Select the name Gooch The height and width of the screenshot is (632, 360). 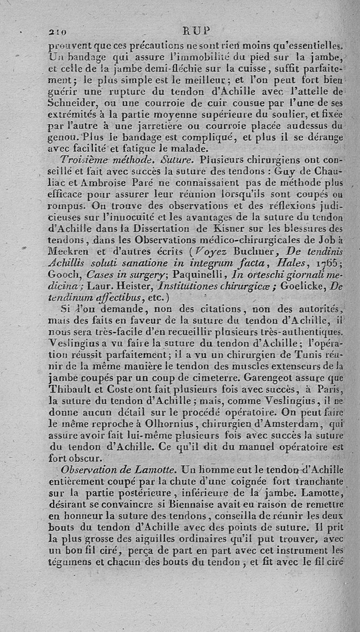(x=59, y=275)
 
